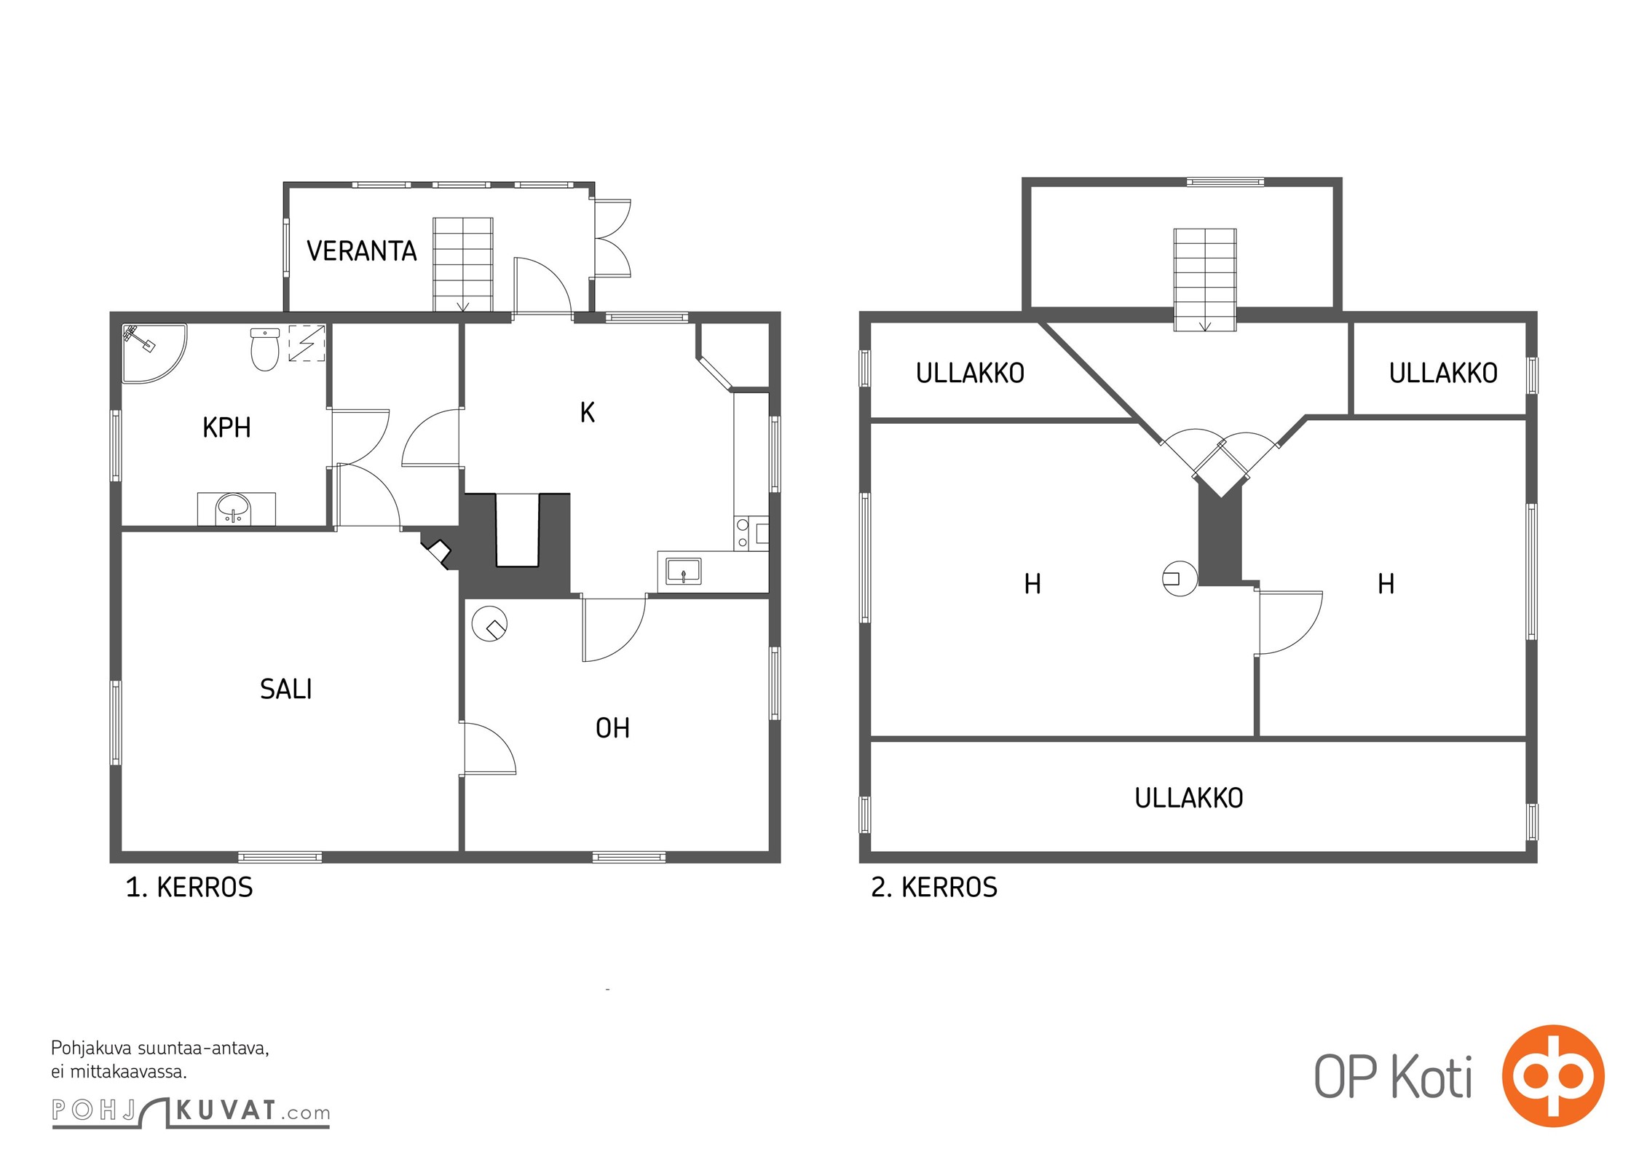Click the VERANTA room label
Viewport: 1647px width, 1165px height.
(x=361, y=251)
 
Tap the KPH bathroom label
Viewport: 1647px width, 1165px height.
(x=226, y=427)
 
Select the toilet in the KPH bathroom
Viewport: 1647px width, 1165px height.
(x=265, y=349)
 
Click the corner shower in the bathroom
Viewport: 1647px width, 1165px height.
(x=153, y=353)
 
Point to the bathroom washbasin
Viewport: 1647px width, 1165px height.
(x=234, y=508)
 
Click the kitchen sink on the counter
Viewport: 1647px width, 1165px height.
(x=683, y=572)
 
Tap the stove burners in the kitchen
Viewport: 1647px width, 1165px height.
(x=742, y=533)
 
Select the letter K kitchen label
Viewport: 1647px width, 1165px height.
(x=587, y=413)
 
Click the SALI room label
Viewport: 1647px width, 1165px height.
(x=285, y=689)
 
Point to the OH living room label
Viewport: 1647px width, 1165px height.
(x=612, y=728)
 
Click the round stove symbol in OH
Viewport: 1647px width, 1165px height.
(x=489, y=623)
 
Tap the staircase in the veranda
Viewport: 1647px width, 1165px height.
(x=463, y=264)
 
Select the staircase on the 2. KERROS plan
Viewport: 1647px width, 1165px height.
(x=1205, y=280)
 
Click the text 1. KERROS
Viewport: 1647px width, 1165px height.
(x=189, y=888)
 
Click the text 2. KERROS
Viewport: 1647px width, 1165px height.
(x=934, y=888)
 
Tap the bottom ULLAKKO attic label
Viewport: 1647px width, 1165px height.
(x=1188, y=799)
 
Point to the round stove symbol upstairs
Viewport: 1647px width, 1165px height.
(x=1180, y=579)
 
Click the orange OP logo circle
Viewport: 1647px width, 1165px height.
(x=1553, y=1075)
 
